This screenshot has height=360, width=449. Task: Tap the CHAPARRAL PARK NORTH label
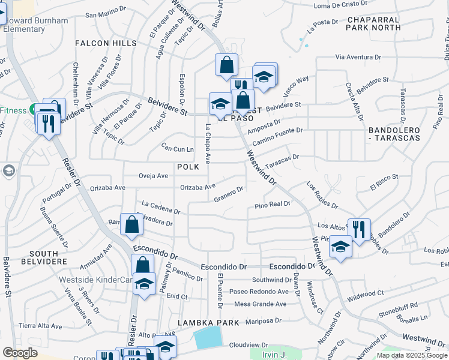(373, 23)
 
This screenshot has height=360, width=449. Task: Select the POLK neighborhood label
(187, 166)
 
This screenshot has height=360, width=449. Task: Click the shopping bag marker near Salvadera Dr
(131, 224)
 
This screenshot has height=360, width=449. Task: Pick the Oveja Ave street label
(153, 176)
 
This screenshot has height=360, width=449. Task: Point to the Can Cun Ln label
(178, 148)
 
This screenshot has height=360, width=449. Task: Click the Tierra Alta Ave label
(40, 326)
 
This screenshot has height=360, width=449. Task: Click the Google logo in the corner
(20, 353)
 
